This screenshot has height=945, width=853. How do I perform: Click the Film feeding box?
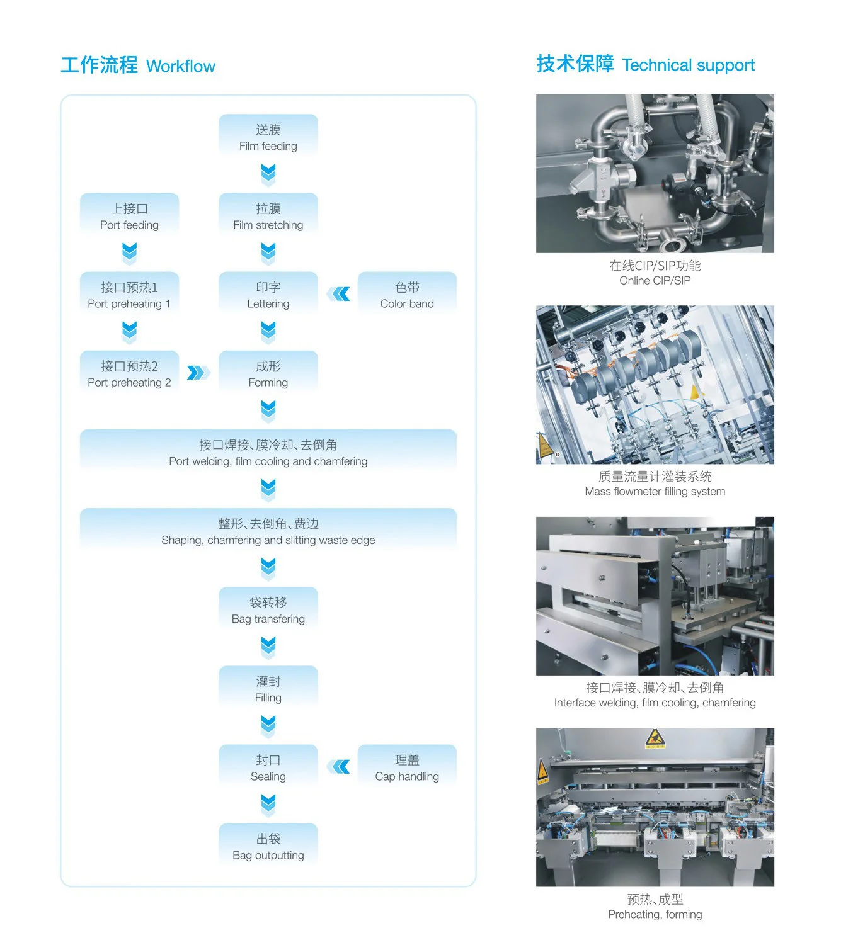click(268, 137)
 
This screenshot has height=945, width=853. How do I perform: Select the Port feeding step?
click(129, 216)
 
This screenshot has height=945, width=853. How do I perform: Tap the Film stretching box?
click(268, 216)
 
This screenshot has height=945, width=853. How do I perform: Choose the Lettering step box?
click(268, 295)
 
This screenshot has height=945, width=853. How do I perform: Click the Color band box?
click(407, 295)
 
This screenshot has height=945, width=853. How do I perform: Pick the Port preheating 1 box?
click(129, 295)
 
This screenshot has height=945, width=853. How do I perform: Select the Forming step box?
click(268, 373)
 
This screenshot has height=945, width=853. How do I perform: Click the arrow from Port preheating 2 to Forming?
click(198, 373)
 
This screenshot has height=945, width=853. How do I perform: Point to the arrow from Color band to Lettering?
click(339, 294)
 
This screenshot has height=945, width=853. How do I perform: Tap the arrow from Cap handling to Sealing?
click(339, 766)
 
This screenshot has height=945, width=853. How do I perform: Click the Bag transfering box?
click(268, 609)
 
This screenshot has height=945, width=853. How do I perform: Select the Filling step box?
click(268, 688)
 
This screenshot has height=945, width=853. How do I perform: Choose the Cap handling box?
click(407, 767)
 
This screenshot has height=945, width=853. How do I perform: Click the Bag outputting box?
click(268, 846)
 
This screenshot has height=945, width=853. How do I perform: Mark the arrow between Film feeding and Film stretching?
click(268, 174)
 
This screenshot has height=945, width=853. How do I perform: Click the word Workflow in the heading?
click(181, 66)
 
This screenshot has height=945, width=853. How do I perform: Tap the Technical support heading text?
click(688, 65)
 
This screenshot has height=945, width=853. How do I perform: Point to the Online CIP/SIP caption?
click(655, 281)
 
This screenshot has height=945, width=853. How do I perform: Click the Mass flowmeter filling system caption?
click(655, 492)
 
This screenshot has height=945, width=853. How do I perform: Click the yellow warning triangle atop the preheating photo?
click(655, 738)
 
